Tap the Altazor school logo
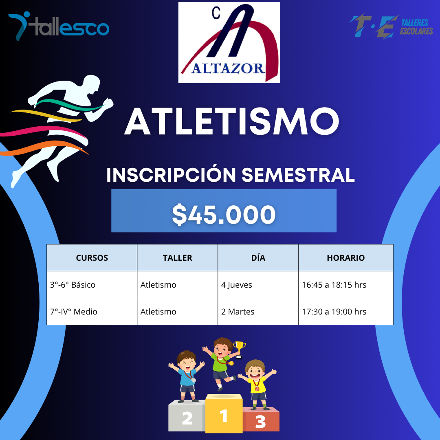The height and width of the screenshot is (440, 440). [x=229, y=42]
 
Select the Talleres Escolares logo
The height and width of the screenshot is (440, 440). [x=391, y=26]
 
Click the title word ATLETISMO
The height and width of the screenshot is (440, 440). [x=232, y=121]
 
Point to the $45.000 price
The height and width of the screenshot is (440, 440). [x=224, y=215]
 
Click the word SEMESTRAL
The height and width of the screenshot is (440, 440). [x=298, y=175]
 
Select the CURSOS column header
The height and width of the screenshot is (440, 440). [x=92, y=258]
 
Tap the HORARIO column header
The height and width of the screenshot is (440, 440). [x=346, y=258]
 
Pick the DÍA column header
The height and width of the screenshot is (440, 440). [x=258, y=257]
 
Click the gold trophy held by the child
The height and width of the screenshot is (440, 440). [x=239, y=350]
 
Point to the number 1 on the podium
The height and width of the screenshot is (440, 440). [x=224, y=416]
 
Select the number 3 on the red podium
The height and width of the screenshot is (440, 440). [x=260, y=422]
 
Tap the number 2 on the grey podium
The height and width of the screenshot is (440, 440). [x=187, y=418]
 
